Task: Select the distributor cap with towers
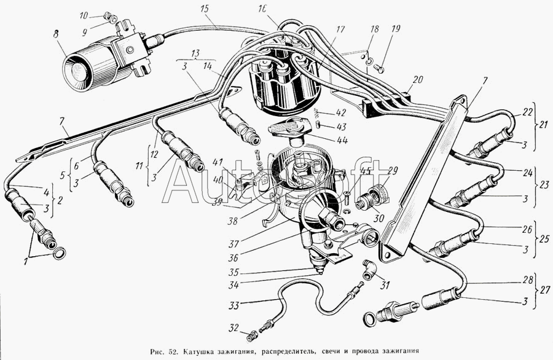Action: (x=283, y=86)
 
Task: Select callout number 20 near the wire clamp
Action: (x=418, y=79)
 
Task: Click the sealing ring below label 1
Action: (x=60, y=254)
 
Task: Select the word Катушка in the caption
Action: (x=208, y=352)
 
